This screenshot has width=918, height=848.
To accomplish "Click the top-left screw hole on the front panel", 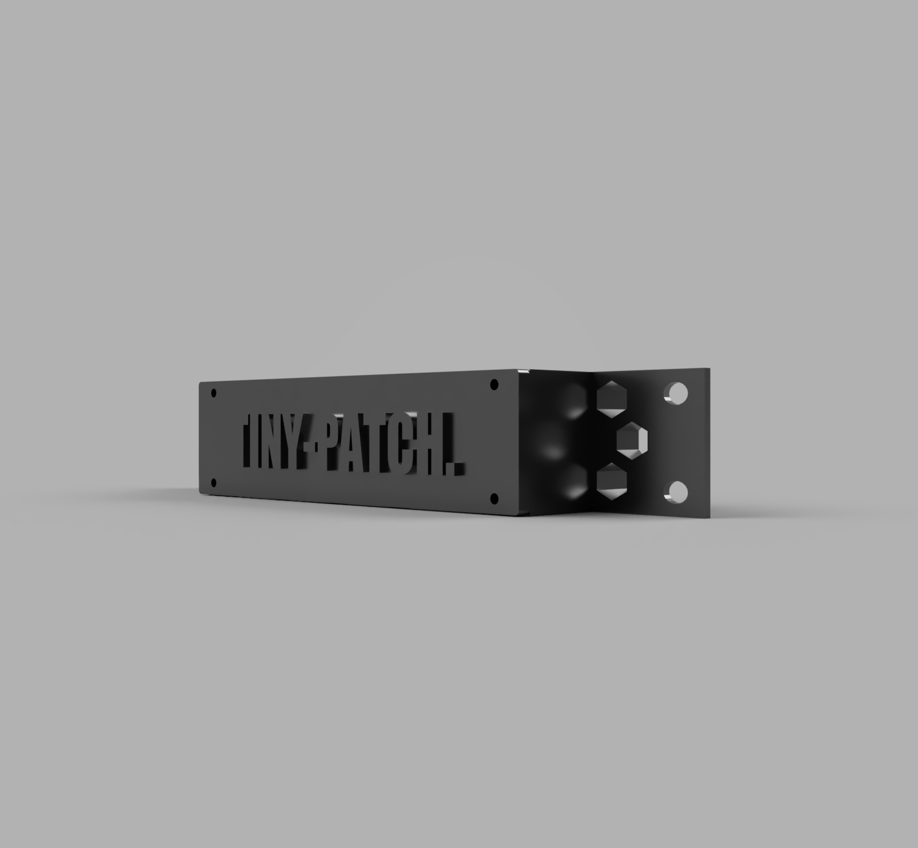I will (214, 393).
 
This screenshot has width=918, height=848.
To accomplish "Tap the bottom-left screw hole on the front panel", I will (213, 483).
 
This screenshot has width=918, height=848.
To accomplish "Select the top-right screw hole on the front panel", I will (494, 385).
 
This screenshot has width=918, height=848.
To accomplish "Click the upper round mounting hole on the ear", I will (677, 392).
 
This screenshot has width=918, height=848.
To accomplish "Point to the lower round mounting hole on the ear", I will (678, 491).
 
